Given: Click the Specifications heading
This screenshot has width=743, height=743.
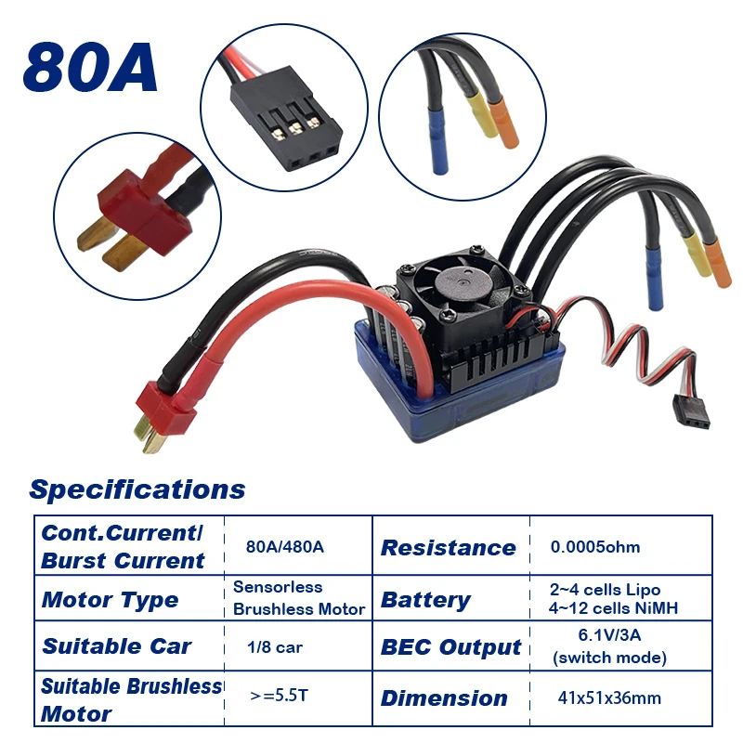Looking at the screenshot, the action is tap(137, 489).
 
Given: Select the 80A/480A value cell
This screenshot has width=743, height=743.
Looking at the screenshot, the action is tap(285, 546).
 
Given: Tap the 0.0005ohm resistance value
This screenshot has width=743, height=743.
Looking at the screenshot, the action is tap(595, 546).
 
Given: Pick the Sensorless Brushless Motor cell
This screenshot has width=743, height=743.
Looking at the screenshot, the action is tap(298, 598).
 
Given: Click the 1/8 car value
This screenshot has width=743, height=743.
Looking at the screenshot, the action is tap(275, 646).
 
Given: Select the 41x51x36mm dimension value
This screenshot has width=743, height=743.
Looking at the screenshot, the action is tap(610, 697).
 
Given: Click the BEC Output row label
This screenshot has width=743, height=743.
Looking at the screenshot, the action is tap(451, 647).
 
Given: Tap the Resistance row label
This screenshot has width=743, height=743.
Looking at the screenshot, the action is tap(448, 547).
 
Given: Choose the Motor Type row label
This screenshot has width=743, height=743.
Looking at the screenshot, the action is tap(110, 599).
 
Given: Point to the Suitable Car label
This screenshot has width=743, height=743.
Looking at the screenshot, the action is tap(117, 646).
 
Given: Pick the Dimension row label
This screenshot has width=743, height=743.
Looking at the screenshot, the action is tap(444, 698).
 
